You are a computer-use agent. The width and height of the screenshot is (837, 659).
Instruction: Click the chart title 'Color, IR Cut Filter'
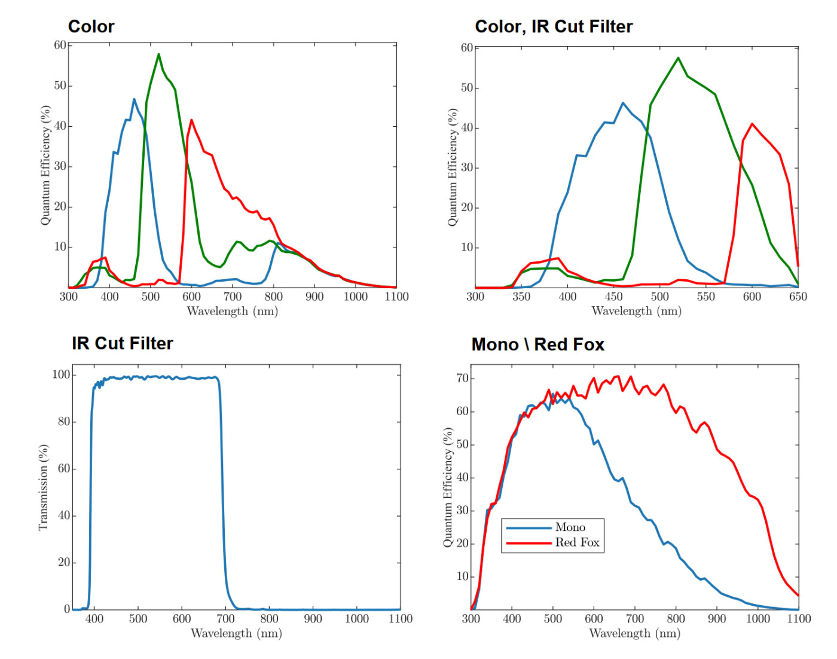[x=554, y=26]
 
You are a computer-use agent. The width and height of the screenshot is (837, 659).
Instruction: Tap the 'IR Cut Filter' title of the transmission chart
[x=123, y=343]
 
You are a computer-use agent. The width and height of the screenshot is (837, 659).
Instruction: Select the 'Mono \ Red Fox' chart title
[x=537, y=344]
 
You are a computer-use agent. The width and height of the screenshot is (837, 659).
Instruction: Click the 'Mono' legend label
[x=570, y=527]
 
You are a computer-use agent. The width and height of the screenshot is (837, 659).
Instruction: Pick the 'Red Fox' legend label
[x=577, y=542]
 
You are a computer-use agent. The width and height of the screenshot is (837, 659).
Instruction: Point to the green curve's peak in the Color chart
[x=158, y=54]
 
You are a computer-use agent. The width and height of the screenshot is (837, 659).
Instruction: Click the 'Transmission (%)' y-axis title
[x=43, y=487]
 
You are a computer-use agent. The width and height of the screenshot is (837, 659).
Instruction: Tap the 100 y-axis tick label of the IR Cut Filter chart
[x=61, y=375]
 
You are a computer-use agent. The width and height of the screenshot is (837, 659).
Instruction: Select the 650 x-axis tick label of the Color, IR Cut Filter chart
[x=798, y=297]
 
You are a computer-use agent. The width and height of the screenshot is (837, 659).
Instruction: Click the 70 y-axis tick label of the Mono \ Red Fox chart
[x=462, y=379]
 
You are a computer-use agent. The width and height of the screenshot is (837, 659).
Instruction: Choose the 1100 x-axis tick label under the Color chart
[x=396, y=297]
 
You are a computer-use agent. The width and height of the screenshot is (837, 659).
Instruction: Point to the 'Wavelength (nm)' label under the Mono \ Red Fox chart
[x=634, y=633]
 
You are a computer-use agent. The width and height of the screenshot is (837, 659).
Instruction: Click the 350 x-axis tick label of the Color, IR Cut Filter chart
[x=521, y=297]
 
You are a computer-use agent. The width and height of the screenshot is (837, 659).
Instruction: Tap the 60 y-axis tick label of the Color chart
[x=60, y=45]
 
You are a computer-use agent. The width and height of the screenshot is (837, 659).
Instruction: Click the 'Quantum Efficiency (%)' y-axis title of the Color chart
[x=45, y=166]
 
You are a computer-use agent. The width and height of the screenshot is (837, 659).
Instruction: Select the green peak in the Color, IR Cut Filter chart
[x=678, y=58]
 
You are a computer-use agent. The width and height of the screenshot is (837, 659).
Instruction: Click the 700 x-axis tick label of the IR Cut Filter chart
[x=225, y=619]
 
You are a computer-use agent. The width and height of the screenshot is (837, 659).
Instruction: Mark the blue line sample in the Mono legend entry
[x=529, y=527]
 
